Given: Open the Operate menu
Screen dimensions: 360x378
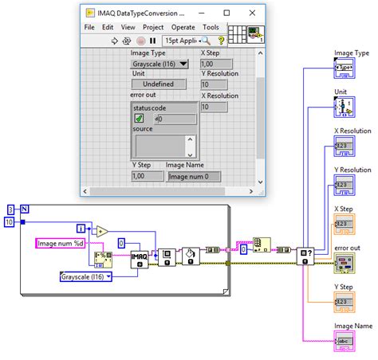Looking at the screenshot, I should click(183, 26).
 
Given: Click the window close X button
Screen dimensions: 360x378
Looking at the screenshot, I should click(254, 13).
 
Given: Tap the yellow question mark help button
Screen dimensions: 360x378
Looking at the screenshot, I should click(221, 40).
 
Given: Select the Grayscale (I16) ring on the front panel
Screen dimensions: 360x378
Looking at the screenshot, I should click(159, 65).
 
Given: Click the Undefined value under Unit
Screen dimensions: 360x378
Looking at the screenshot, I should click(158, 84).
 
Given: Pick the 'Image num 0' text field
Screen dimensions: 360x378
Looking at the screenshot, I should click(195, 176).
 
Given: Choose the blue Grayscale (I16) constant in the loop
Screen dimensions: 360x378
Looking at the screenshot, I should click(86, 276).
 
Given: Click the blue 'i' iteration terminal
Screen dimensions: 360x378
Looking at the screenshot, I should click(81, 228).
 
